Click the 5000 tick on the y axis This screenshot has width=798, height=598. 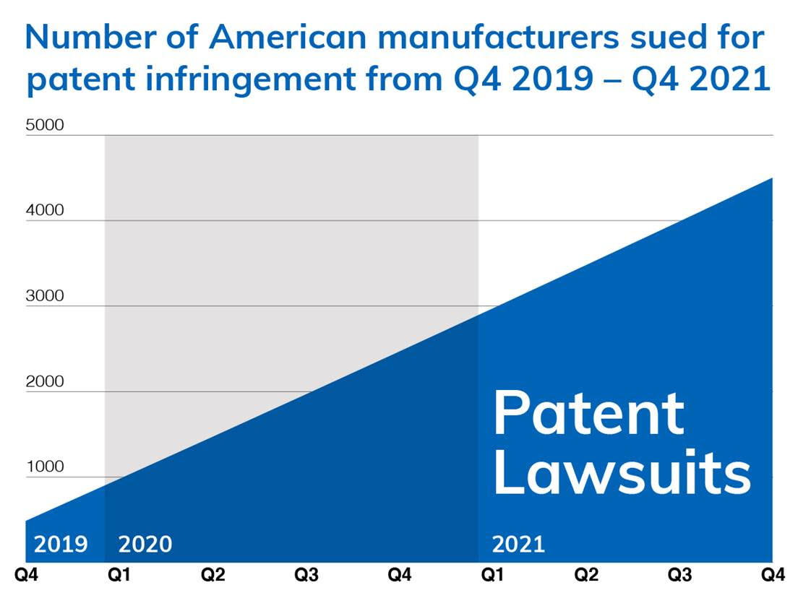(45, 124)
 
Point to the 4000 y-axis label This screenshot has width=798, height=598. (45, 209)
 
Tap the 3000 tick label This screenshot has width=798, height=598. (45, 295)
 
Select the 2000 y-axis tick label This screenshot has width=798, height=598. (45, 381)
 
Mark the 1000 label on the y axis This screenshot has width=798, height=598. (45, 466)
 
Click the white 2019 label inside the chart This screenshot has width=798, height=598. (61, 544)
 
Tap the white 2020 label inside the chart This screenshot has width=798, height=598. (145, 544)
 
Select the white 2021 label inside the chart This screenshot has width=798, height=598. (518, 544)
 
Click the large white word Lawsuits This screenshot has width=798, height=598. (622, 472)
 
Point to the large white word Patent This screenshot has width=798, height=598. (589, 412)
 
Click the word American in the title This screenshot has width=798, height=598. (288, 37)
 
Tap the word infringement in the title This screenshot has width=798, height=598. (250, 79)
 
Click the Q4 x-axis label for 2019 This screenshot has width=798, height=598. (26, 575)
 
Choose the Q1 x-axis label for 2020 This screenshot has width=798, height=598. (119, 575)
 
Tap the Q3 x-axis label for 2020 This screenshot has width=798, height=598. (306, 575)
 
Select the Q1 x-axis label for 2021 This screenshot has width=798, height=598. (493, 575)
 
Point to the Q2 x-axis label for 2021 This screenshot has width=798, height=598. (586, 575)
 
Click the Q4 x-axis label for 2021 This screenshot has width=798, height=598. (773, 575)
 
